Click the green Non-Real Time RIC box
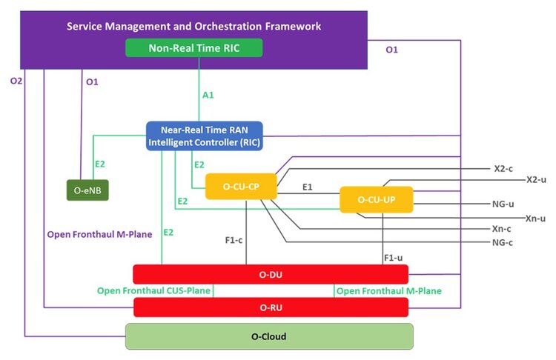(x=195, y=48)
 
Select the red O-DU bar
(x=270, y=274)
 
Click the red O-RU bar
(x=270, y=307)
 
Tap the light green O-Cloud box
(x=268, y=336)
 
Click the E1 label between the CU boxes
(x=307, y=188)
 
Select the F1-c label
(x=235, y=239)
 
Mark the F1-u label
(x=394, y=258)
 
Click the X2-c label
(x=503, y=168)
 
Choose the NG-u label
(x=503, y=204)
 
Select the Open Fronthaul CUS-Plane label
(x=153, y=290)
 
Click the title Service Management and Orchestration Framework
(x=193, y=26)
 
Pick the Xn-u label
(x=535, y=218)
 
